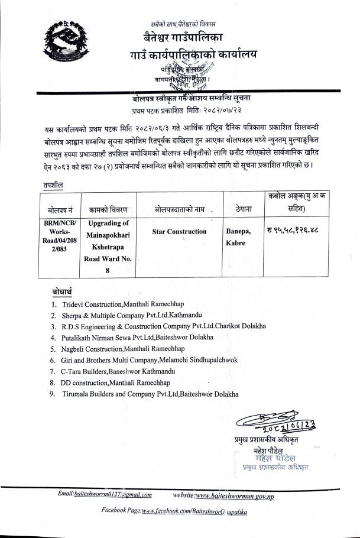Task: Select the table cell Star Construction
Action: point(179,231)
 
